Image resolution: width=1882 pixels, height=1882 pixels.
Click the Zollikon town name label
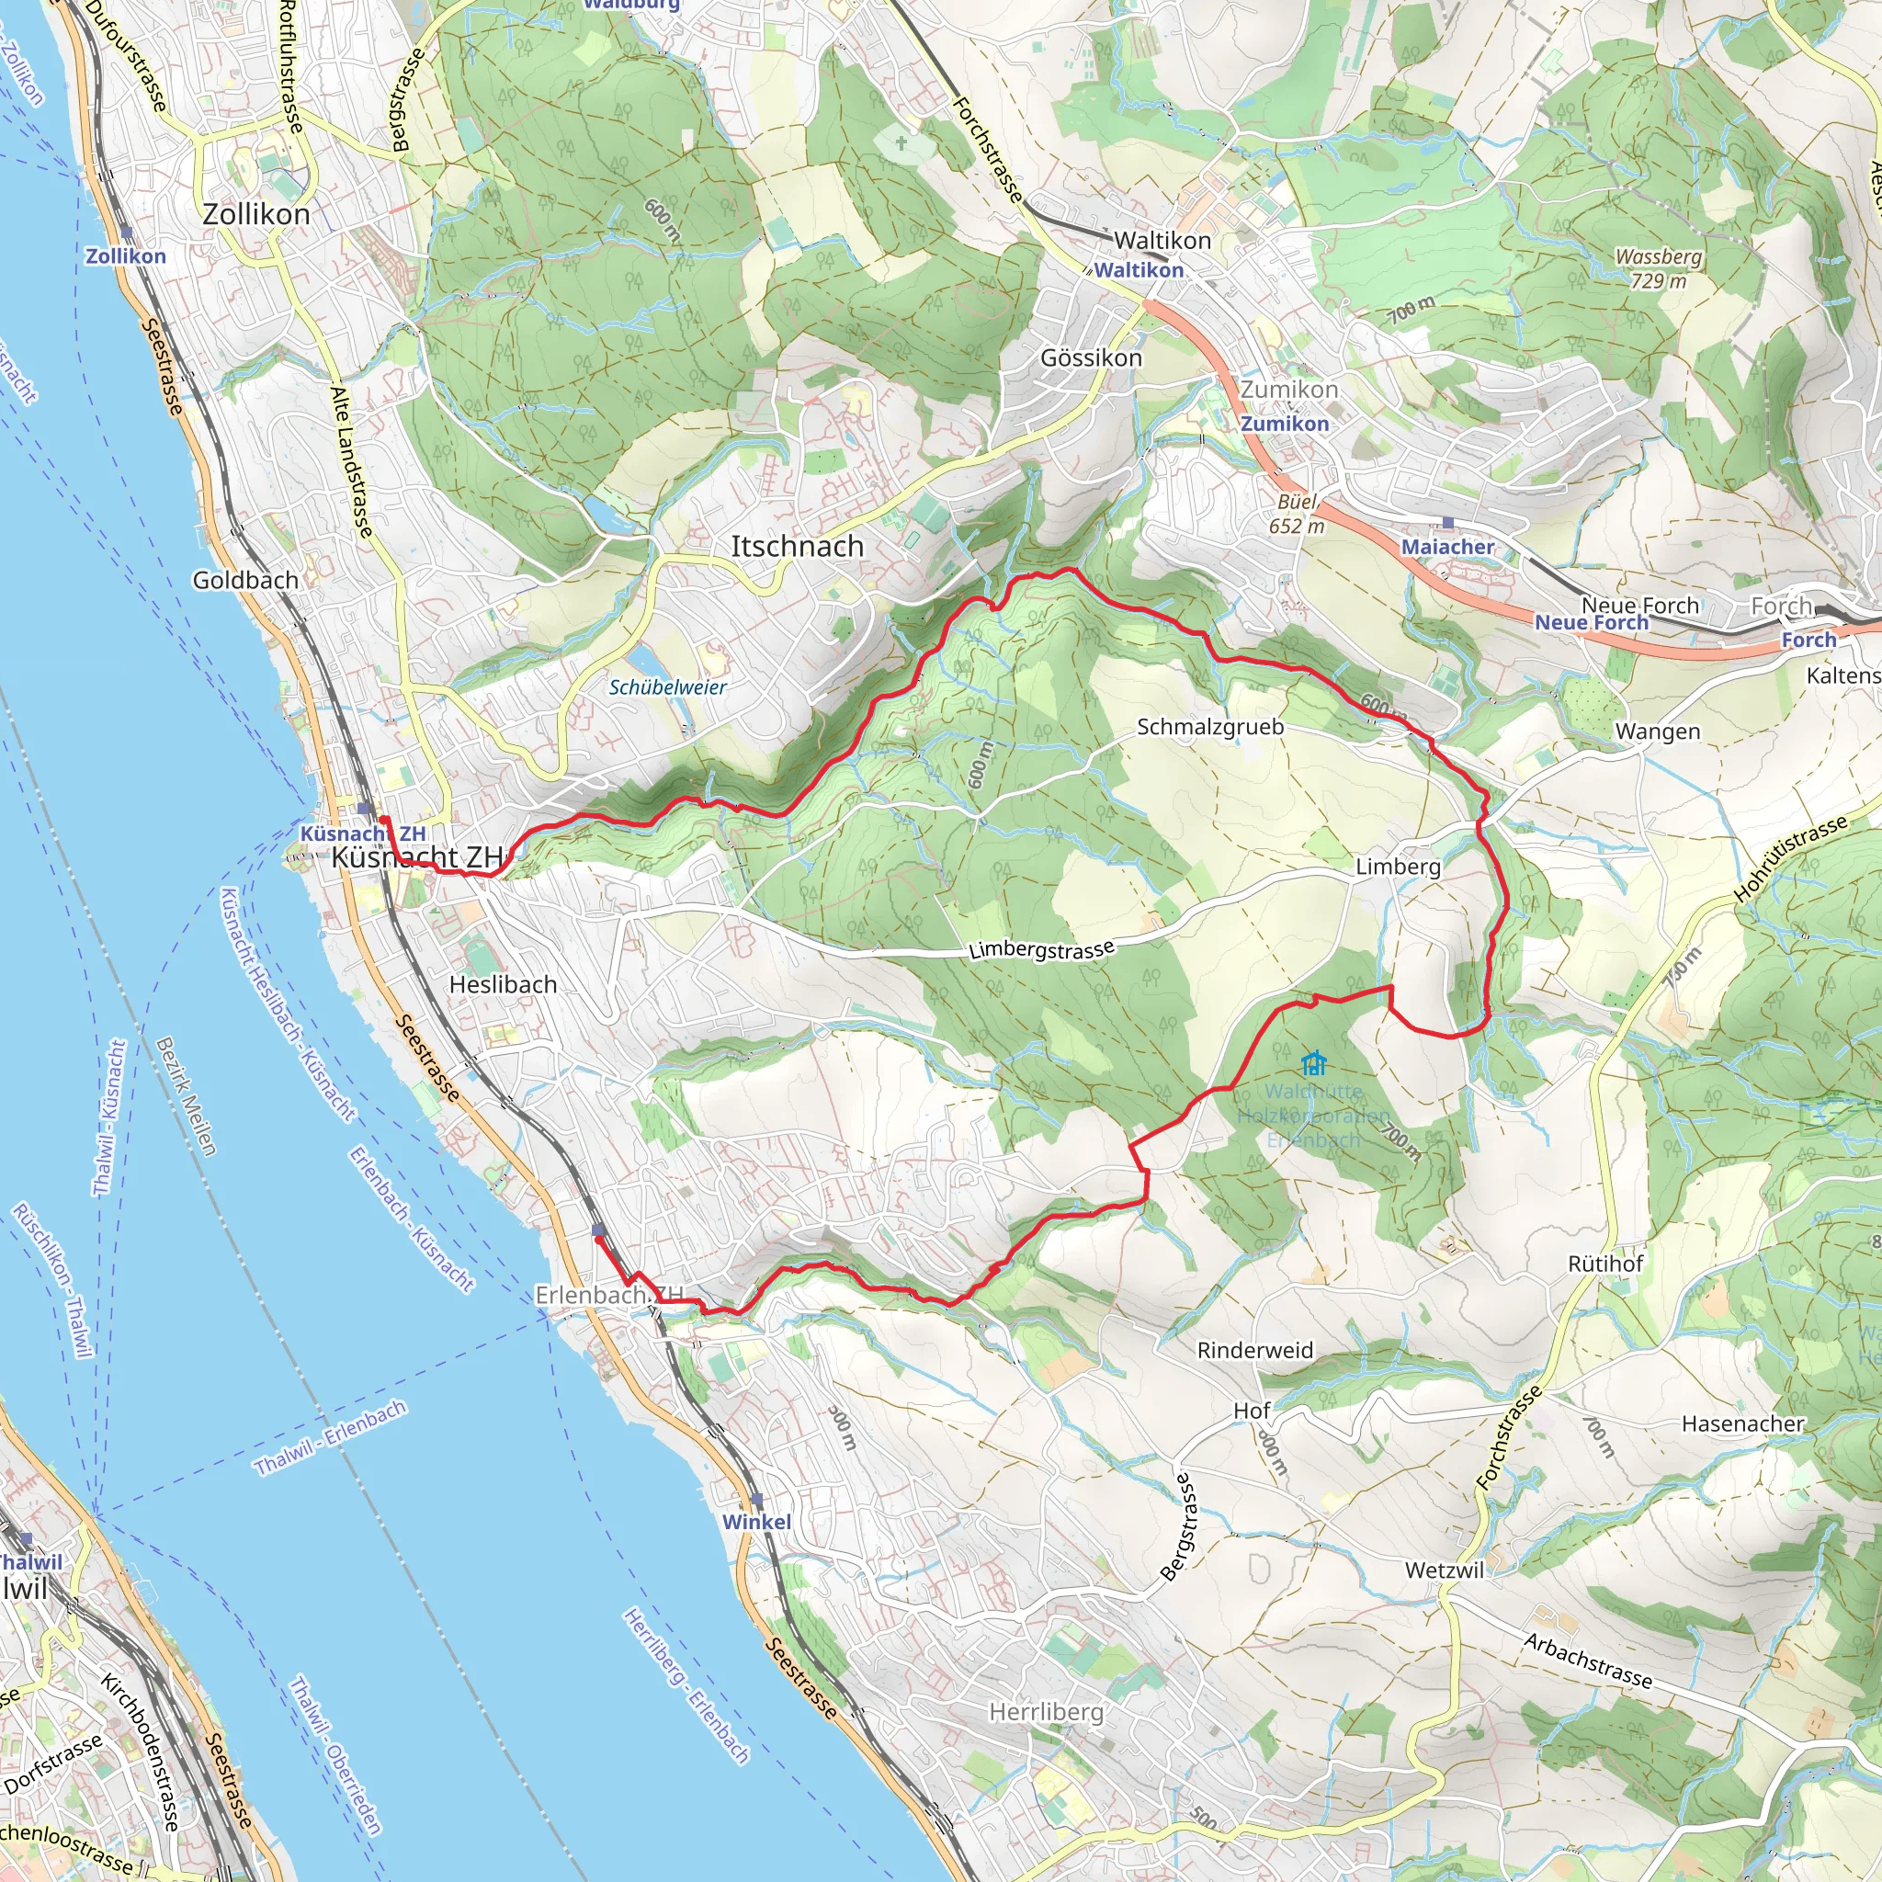pos(256,214)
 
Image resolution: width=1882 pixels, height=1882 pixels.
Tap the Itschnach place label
pos(797,547)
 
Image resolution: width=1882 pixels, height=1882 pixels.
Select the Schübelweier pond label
pos(667,686)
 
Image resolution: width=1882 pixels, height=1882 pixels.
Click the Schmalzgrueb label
pos(1210,727)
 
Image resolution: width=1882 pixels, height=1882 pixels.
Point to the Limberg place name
pos(1398,866)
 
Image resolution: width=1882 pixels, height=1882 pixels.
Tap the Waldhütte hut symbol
pos(1313,1061)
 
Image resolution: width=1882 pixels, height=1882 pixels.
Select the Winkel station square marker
pos(757,1500)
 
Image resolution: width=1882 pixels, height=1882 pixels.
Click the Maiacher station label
pos(1446,548)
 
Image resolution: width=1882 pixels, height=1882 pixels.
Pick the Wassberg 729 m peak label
pos(1658,268)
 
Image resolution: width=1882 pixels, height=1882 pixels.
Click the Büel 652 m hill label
pos(1297,514)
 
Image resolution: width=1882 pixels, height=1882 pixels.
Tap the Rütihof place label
pos(1605,1264)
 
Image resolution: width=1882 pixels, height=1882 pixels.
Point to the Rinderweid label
pos(1254,1350)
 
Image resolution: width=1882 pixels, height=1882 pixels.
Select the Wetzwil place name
pos(1445,1570)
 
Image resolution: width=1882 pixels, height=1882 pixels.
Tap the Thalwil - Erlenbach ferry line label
pos(330,1438)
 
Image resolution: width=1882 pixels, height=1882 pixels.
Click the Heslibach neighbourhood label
pos(503,985)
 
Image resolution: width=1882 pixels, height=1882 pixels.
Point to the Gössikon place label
pos(1091,357)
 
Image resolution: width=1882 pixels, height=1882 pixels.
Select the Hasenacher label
pos(1742,1423)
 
